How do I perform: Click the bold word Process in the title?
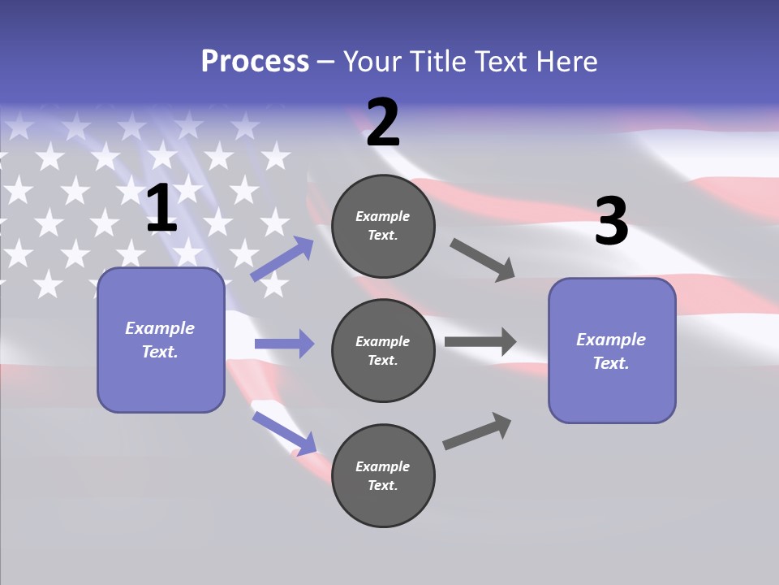pyautogui.click(x=255, y=62)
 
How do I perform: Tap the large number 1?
pyautogui.click(x=161, y=209)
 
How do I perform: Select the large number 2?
pyautogui.click(x=383, y=123)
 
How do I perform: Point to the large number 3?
pyautogui.click(x=611, y=222)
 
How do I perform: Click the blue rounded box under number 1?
pyautogui.click(x=161, y=340)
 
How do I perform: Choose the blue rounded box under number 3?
pyautogui.click(x=612, y=350)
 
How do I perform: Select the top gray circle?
pyautogui.click(x=383, y=225)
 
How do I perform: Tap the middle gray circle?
pyautogui.click(x=383, y=350)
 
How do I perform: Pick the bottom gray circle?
pyautogui.click(x=383, y=475)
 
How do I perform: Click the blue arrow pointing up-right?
pyautogui.click(x=282, y=258)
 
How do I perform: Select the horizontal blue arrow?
pyautogui.click(x=284, y=344)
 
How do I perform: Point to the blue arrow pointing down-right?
pyautogui.click(x=285, y=433)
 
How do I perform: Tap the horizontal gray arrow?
pyautogui.click(x=480, y=341)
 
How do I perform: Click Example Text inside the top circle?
pyautogui.click(x=383, y=225)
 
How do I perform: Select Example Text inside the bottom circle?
pyautogui.click(x=383, y=475)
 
